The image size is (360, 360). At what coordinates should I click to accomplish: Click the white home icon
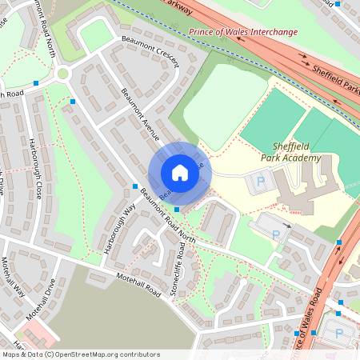pyautogui.click(x=180, y=172)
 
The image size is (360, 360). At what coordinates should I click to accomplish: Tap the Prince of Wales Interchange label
pyautogui.click(x=242, y=32)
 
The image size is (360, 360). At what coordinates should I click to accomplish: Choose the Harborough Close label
pyautogui.click(x=35, y=169)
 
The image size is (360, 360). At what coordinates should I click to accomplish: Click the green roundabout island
pyautogui.click(x=62, y=74)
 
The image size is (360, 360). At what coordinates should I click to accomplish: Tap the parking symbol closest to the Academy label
pyautogui.click(x=259, y=184)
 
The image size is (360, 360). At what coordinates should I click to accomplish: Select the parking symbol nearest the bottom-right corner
pyautogui.click(x=338, y=333)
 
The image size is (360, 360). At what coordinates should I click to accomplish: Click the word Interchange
pyautogui.click(x=270, y=32)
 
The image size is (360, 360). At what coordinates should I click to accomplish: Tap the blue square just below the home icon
pyautogui.click(x=177, y=210)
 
